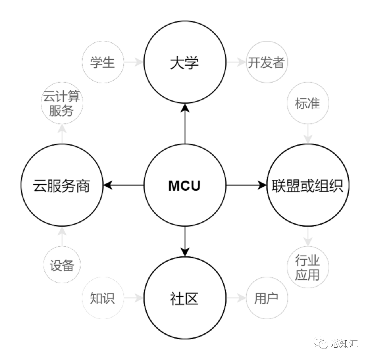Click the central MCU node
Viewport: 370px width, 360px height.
pos(185,186)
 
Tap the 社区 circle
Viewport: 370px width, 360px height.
pos(185,299)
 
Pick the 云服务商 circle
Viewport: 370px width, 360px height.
pos(62,186)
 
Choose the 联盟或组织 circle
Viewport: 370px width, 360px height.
pos(308,186)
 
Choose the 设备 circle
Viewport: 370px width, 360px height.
pos(62,266)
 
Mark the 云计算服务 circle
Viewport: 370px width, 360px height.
pos(62,104)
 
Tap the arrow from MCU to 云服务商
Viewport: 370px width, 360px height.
pos(123,186)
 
